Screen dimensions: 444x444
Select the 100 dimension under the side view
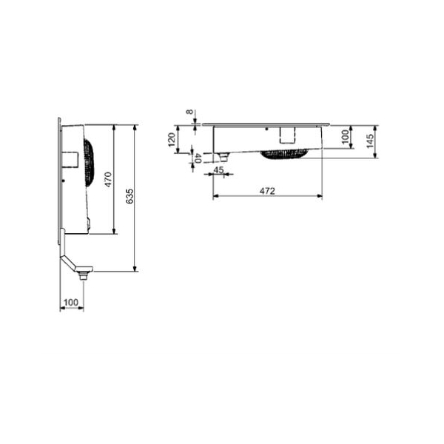click(71, 302)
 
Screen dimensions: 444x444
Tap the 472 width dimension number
click(267, 191)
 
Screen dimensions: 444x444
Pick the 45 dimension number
click(218, 170)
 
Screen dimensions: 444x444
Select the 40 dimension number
click(198, 156)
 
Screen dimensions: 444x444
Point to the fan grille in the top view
click(286, 152)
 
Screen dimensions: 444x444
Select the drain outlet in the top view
click(223, 154)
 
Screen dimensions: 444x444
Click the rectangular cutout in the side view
click(71, 159)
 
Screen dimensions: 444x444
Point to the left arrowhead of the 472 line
click(215, 196)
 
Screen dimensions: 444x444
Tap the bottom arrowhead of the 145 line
click(377, 156)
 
